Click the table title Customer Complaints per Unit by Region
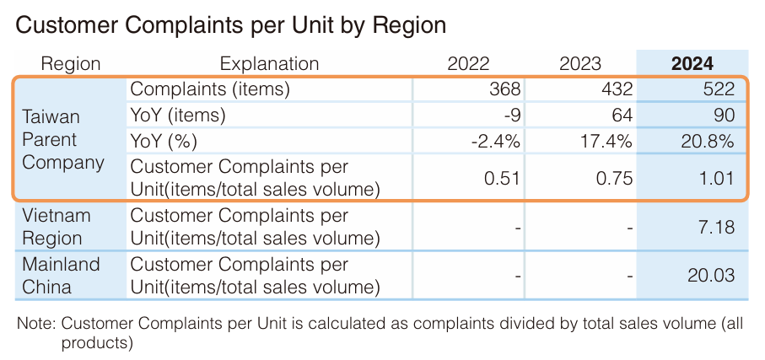pos(230,26)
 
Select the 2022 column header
pos(468,63)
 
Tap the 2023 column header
pos(580,63)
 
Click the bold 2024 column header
pos(692,63)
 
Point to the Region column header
pos(71,63)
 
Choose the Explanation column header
pos(269,63)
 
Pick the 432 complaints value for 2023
pos(617,89)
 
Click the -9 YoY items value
pos(511,116)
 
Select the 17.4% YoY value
pos(607,141)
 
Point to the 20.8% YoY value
pos(708,141)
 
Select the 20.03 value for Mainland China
pos(711,276)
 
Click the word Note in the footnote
pos(35,323)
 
